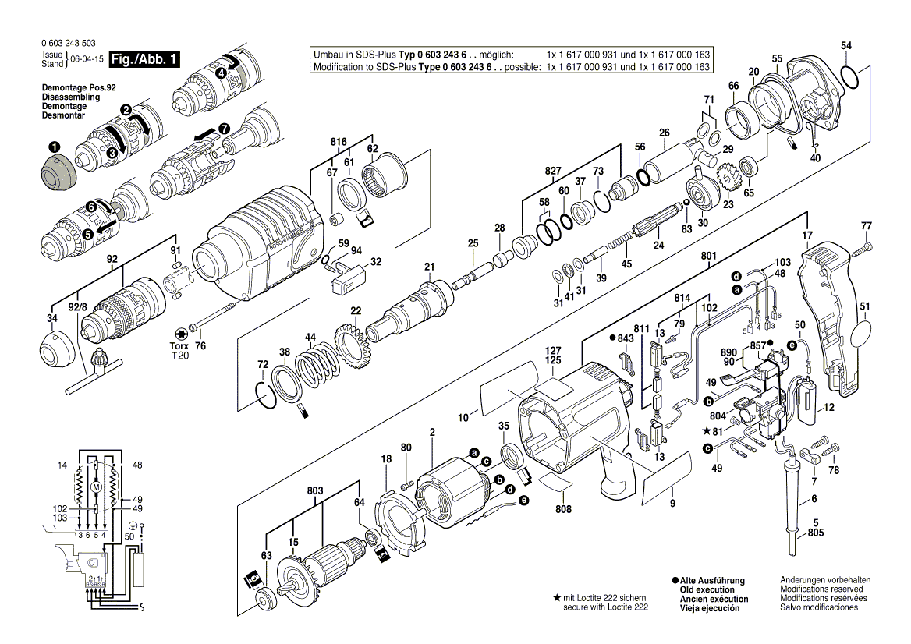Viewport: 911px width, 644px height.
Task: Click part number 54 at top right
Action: pos(846,46)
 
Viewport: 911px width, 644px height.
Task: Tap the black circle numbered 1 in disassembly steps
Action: pos(53,147)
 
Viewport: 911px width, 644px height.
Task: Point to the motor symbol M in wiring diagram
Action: pos(97,487)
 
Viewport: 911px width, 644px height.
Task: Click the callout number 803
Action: pos(315,490)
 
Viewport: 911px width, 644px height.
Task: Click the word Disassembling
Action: pos(66,97)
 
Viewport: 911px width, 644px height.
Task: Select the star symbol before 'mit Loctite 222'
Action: pos(556,598)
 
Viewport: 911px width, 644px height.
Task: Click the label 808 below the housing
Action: pos(563,508)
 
